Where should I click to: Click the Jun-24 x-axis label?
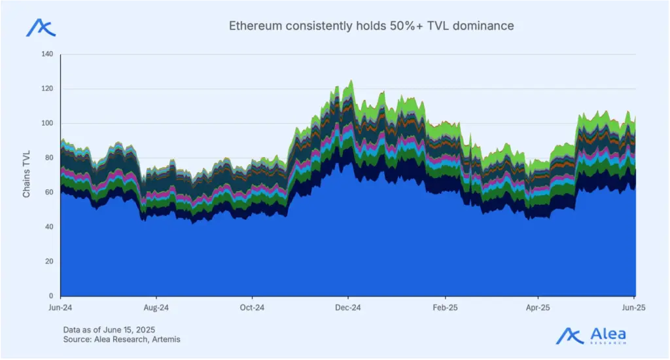coord(60,307)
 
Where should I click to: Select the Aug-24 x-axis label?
coord(156,307)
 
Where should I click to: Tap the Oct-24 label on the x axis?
coord(252,307)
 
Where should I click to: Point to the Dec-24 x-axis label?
coord(348,307)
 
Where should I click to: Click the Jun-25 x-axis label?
coord(633,307)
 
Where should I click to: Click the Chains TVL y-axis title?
coord(27,175)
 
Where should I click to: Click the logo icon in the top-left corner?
coord(41,28)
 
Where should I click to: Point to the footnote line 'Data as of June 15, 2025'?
coord(109,329)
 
